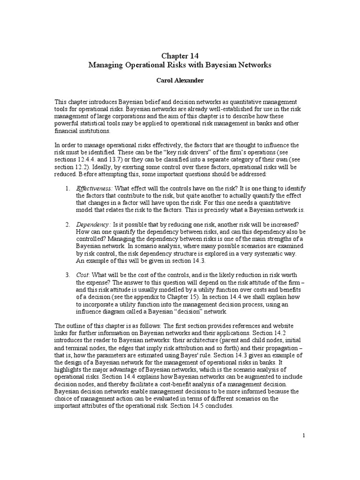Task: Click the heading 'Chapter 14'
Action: click(x=180, y=56)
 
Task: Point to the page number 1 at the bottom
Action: click(x=304, y=435)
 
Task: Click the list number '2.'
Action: click(x=67, y=225)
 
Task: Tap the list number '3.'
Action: click(x=67, y=274)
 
